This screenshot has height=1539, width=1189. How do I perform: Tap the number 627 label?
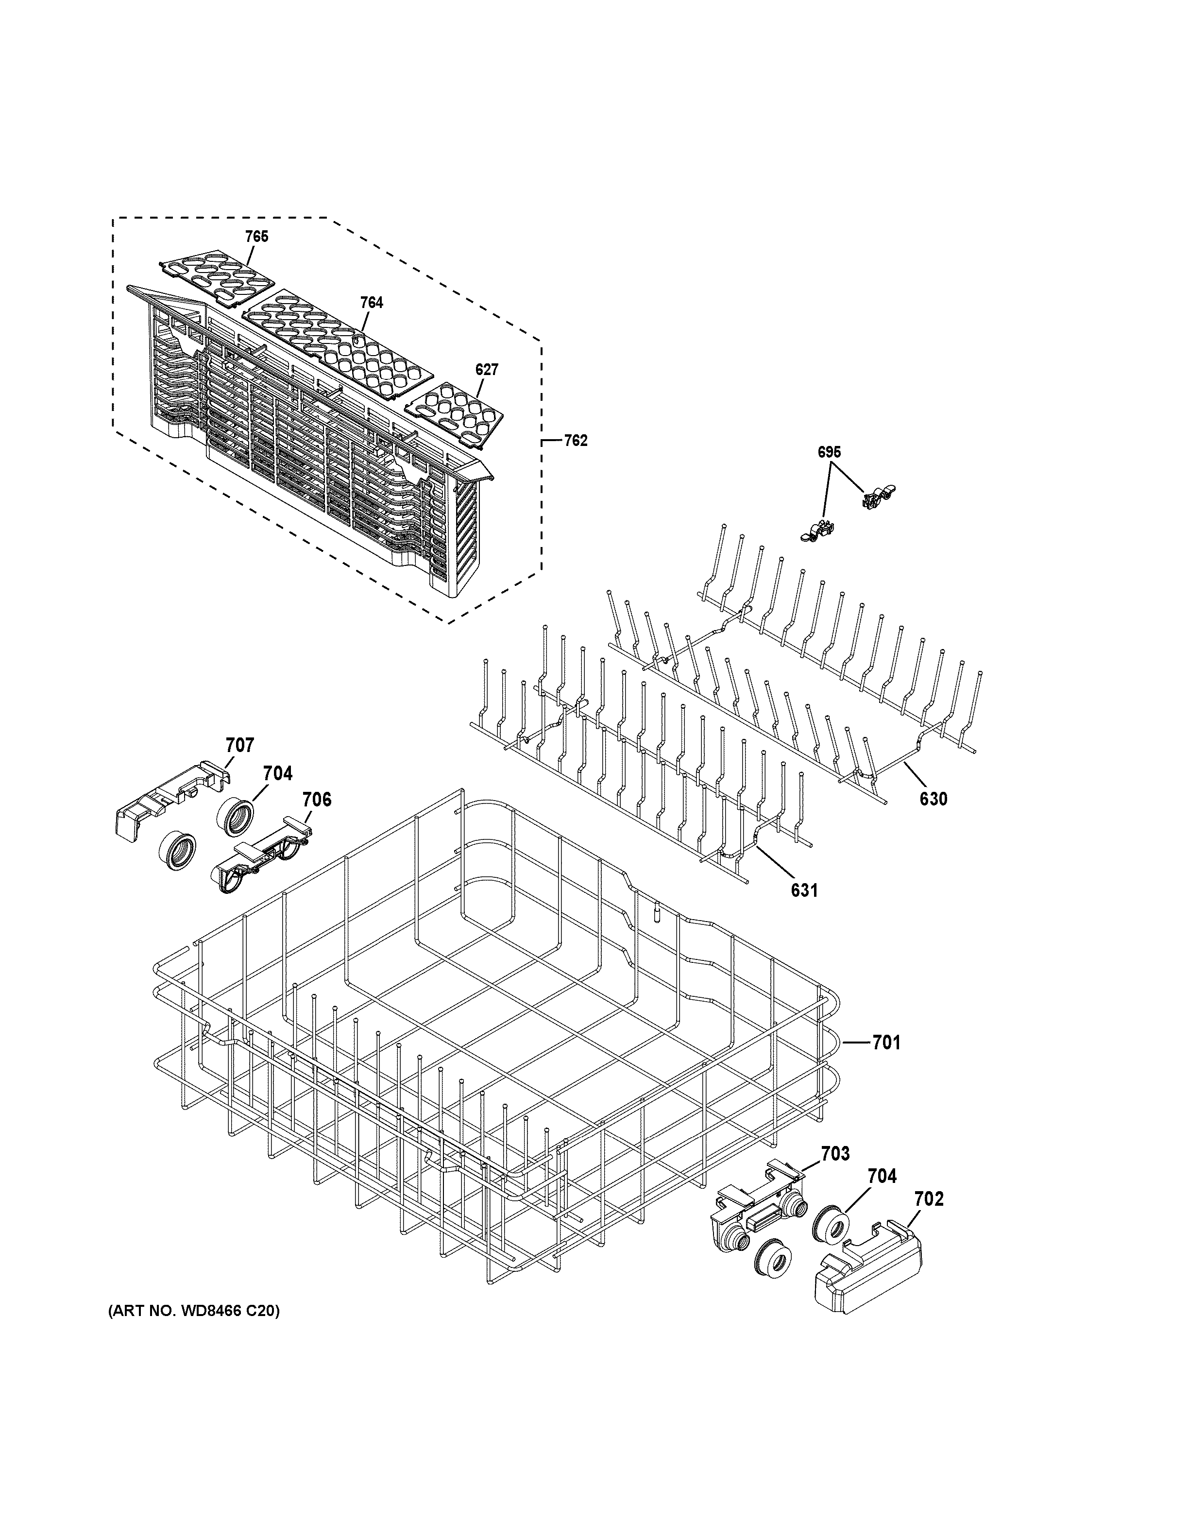[x=487, y=369]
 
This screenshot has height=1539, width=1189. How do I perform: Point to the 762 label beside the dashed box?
[x=576, y=441]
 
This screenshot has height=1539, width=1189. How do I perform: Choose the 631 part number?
[x=804, y=890]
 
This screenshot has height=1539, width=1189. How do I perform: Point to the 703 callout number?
[x=835, y=1154]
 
